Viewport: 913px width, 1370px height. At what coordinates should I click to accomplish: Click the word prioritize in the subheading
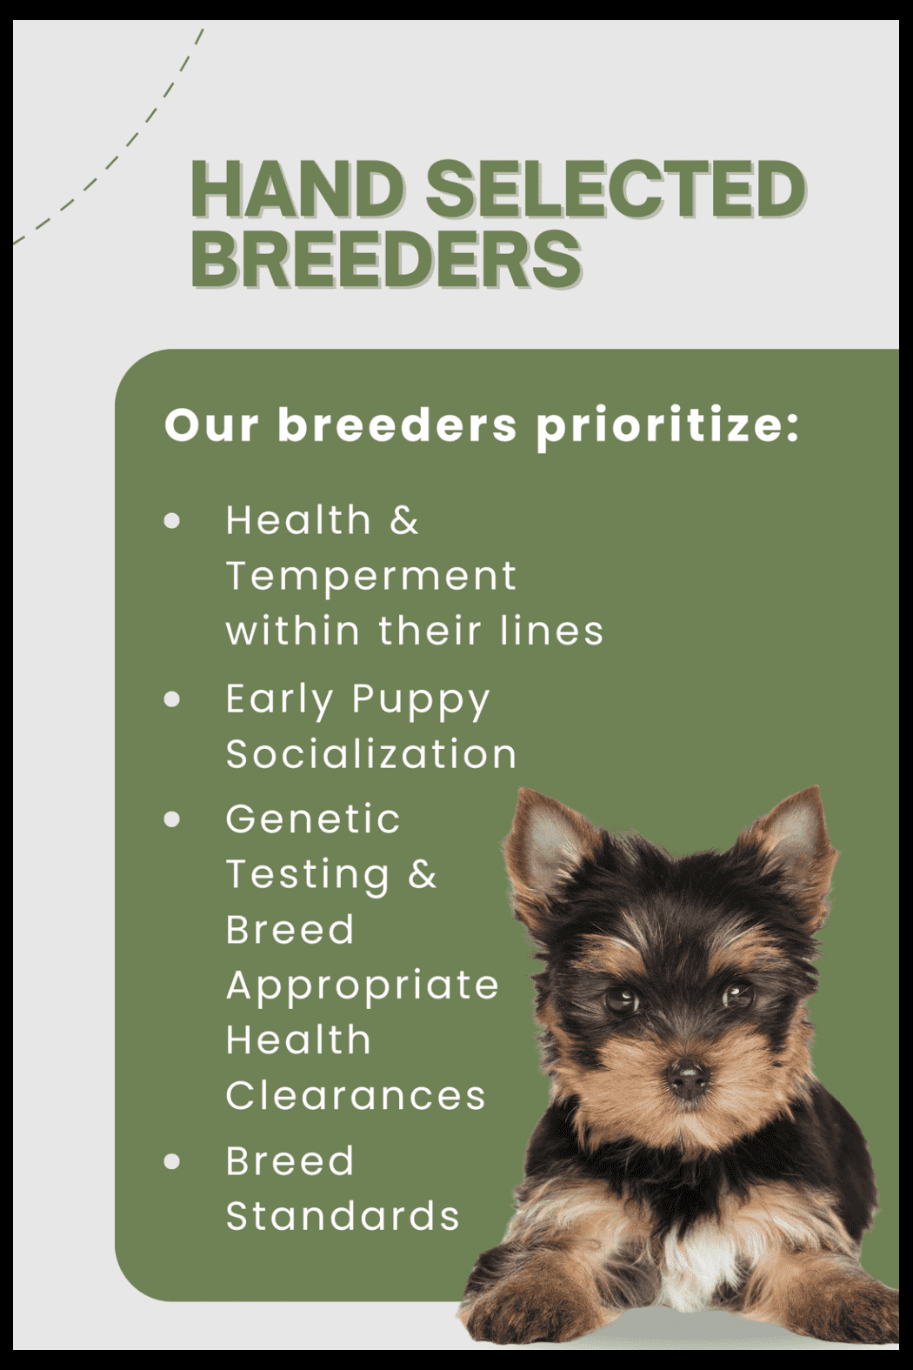[668, 426]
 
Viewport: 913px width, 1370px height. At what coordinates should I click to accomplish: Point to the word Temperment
[371, 576]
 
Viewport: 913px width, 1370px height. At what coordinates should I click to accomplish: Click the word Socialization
[371, 753]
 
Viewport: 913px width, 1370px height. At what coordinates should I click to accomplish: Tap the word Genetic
[313, 819]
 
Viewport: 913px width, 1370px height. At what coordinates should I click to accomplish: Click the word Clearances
[356, 1095]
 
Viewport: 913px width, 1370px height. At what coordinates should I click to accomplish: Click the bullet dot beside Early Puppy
[173, 699]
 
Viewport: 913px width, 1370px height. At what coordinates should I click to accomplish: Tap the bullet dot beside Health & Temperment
[173, 521]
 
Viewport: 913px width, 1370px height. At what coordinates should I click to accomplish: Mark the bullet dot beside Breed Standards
[173, 1161]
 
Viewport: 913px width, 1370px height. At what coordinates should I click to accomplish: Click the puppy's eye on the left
[622, 1000]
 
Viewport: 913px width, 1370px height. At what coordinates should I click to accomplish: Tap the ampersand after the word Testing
[423, 873]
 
